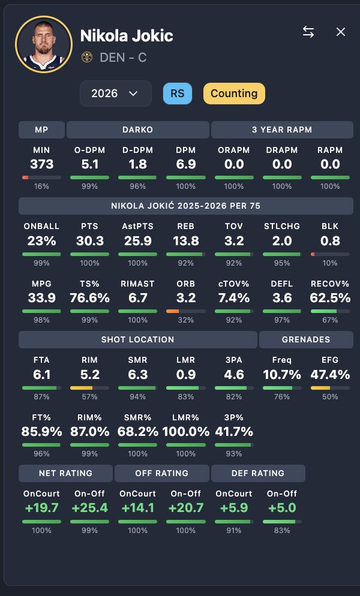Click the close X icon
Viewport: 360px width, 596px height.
341,32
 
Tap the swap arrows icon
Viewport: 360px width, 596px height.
308,32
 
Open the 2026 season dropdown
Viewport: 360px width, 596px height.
115,94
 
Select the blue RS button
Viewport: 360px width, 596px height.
177,94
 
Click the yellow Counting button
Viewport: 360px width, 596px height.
234,94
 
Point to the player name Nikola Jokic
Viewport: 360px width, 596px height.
127,36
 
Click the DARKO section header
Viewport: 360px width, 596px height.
137,130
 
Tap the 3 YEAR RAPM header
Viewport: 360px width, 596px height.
282,130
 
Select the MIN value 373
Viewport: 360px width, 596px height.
41,164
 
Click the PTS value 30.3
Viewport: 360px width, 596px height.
89,241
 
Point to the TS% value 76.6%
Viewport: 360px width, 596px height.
89,298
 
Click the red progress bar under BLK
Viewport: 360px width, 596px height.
313,254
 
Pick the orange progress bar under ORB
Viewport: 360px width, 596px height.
172,311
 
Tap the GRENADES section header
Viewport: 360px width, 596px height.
306,339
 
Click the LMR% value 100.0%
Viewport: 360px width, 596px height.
185,431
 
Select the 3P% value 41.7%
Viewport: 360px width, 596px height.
233,431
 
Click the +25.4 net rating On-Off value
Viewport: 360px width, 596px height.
89,508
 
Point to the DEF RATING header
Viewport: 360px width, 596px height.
258,473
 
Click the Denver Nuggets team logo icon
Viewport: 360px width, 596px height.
87,58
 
